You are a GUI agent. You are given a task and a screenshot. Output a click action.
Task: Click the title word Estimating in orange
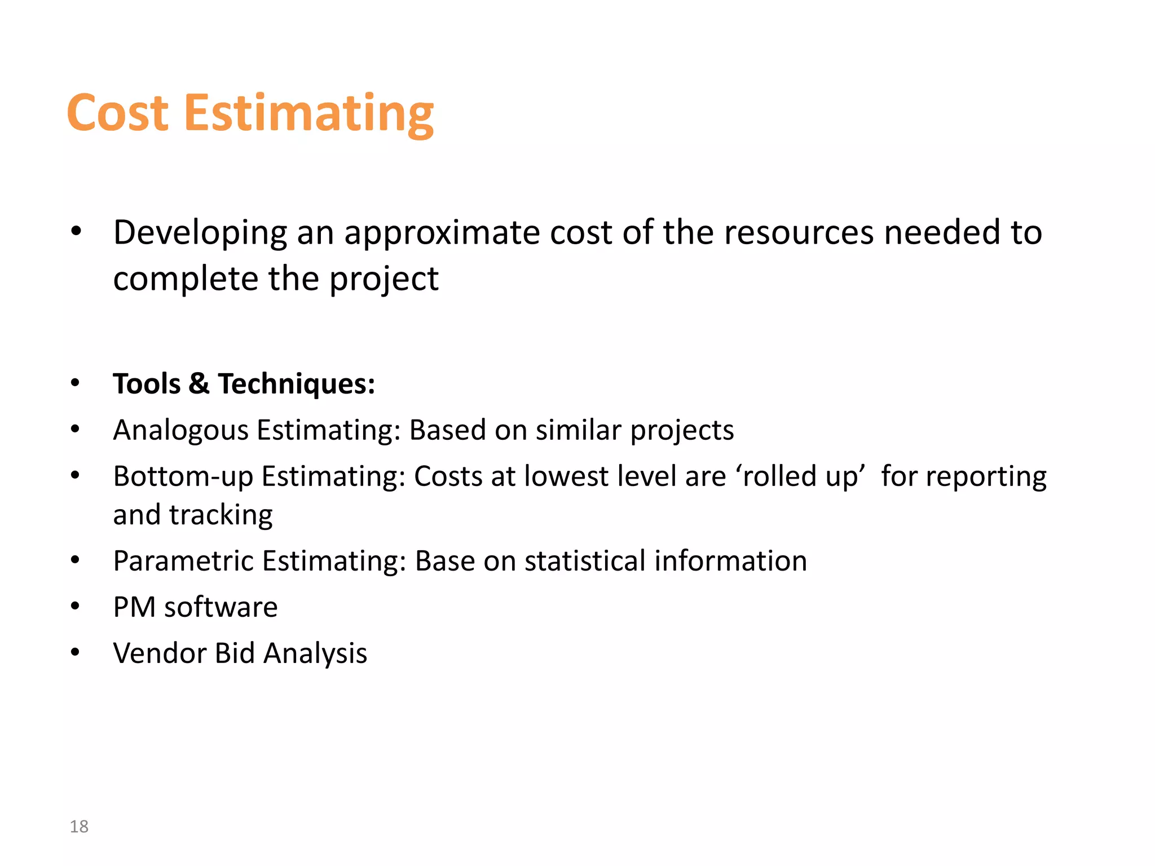tap(308, 114)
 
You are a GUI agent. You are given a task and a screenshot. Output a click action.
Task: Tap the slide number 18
tap(79, 827)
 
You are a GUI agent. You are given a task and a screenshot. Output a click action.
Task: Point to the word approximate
tap(442, 233)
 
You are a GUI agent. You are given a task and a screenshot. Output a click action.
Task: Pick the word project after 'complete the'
tap(383, 280)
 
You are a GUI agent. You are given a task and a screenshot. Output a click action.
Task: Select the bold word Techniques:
tap(297, 385)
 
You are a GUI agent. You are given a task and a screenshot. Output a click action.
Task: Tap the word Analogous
tap(180, 431)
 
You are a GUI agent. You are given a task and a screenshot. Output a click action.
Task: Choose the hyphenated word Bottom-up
tap(183, 477)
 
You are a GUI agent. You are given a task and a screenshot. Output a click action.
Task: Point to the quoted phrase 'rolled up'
tap(800, 477)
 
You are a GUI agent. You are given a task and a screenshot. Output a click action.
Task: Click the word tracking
tap(221, 515)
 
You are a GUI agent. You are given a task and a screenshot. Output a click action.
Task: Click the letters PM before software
tap(134, 607)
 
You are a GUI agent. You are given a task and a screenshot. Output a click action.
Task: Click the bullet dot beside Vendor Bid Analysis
tap(76, 652)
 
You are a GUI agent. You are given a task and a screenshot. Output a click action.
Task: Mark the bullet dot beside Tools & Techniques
tap(76, 383)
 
